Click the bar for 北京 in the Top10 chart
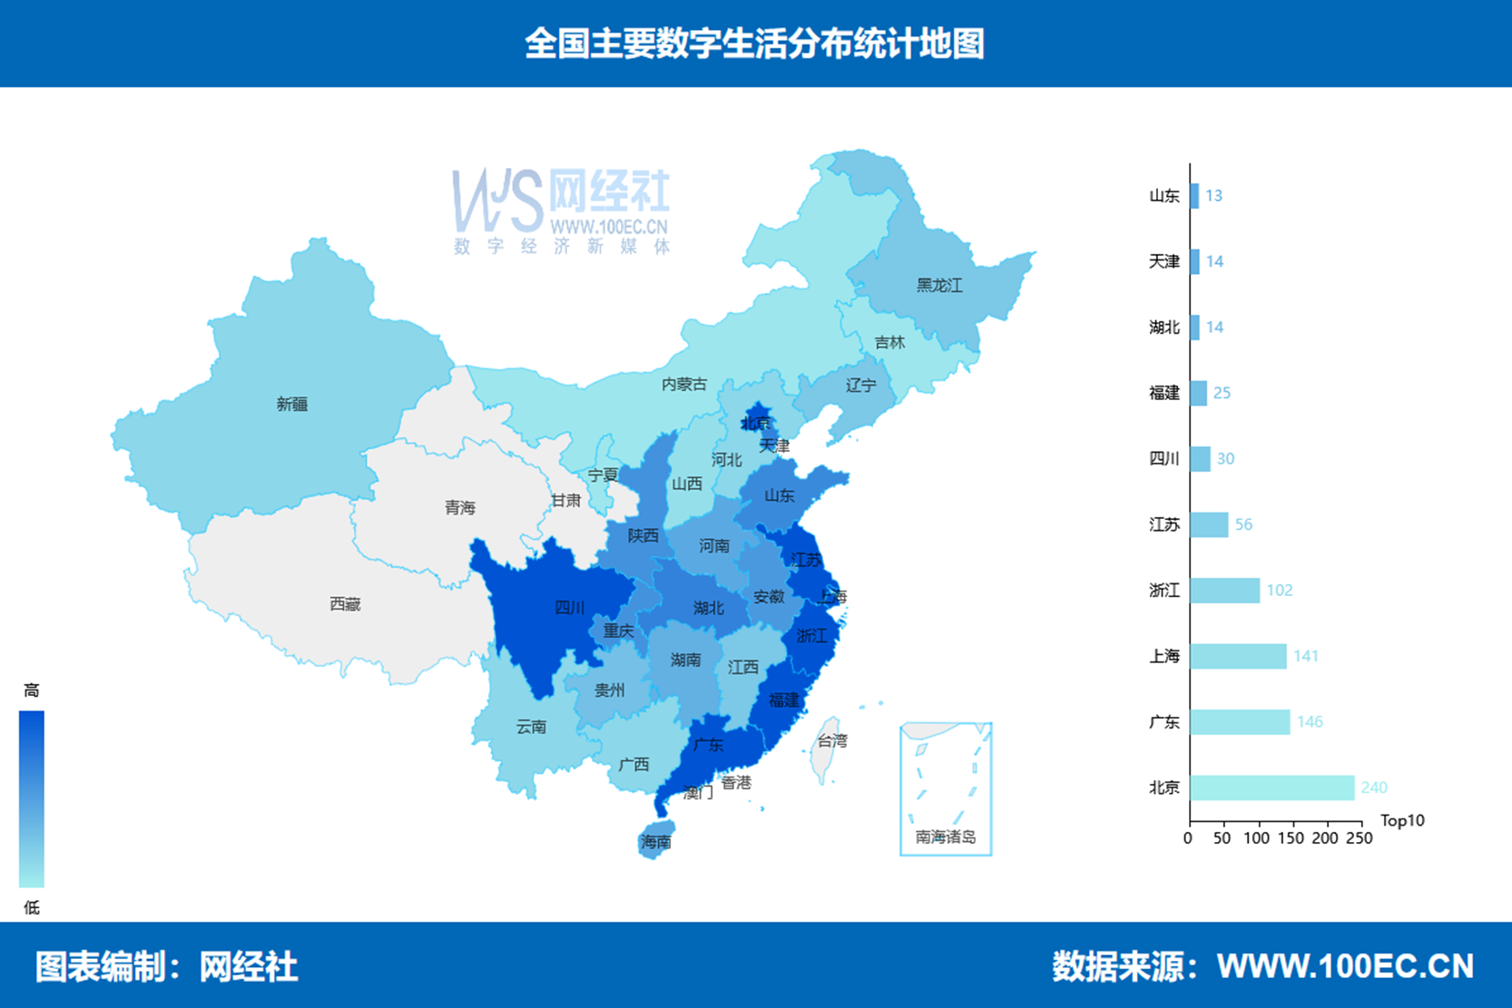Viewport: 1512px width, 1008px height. (x=1271, y=788)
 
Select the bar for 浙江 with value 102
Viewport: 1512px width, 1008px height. (x=1224, y=591)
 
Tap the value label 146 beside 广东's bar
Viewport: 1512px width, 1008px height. (x=1310, y=722)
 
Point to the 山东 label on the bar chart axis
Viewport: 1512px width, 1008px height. (x=1163, y=196)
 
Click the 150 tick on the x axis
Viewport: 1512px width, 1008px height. (x=1291, y=838)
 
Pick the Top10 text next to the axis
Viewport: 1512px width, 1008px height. (x=1401, y=821)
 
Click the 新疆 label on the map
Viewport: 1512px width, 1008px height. (x=292, y=405)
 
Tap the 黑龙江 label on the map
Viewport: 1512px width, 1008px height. (x=938, y=286)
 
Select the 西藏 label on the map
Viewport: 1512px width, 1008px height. (x=345, y=604)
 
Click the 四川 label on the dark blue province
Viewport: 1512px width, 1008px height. (x=569, y=608)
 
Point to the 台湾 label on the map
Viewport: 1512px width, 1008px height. (x=831, y=741)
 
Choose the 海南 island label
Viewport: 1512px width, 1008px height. (x=655, y=842)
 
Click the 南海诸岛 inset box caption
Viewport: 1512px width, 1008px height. (x=945, y=837)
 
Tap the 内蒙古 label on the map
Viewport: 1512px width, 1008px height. (x=683, y=385)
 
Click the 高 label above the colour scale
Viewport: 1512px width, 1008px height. (x=32, y=690)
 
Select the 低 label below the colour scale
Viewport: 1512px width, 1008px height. (x=32, y=907)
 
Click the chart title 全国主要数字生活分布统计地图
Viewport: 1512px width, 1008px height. (x=755, y=44)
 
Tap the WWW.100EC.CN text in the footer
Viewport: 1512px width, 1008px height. (x=1345, y=966)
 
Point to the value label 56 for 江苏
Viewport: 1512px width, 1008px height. (x=1243, y=525)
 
